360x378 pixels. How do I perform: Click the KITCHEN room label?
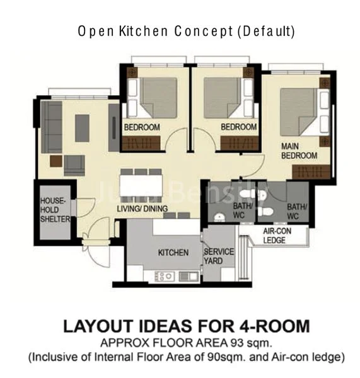click(173, 253)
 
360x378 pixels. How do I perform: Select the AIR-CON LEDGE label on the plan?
click(276, 234)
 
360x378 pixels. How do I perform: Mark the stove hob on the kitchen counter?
click(165, 276)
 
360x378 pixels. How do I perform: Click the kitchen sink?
click(187, 276)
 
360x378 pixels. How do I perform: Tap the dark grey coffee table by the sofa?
click(83, 128)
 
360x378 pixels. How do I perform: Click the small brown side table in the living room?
click(56, 161)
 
